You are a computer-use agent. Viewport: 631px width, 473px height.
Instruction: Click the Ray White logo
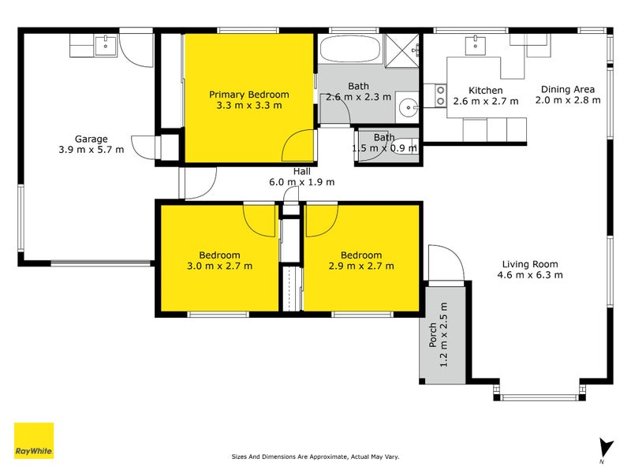pyautogui.click(x=34, y=441)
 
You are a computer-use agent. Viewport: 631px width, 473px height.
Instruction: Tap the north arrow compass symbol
pyautogui.click(x=604, y=448)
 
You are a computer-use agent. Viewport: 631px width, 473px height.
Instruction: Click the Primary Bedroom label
pyautogui.click(x=248, y=95)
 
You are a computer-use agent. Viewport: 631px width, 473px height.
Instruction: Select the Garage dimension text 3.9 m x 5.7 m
pyautogui.click(x=91, y=150)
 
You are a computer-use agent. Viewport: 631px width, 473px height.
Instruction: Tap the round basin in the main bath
pyautogui.click(x=408, y=107)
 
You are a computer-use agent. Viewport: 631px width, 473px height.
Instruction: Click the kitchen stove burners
pyautogui.click(x=439, y=95)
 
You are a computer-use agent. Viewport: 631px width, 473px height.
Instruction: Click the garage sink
pyautogui.click(x=105, y=46)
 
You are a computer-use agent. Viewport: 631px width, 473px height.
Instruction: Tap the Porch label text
pyautogui.click(x=433, y=335)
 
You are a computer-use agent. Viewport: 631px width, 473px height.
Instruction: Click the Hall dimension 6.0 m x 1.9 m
pyautogui.click(x=302, y=182)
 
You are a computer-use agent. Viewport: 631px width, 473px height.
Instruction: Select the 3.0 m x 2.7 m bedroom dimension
pyautogui.click(x=219, y=266)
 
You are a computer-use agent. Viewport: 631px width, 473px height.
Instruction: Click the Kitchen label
pyautogui.click(x=485, y=91)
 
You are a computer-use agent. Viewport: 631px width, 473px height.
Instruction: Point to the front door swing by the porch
pyautogui.click(x=443, y=263)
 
